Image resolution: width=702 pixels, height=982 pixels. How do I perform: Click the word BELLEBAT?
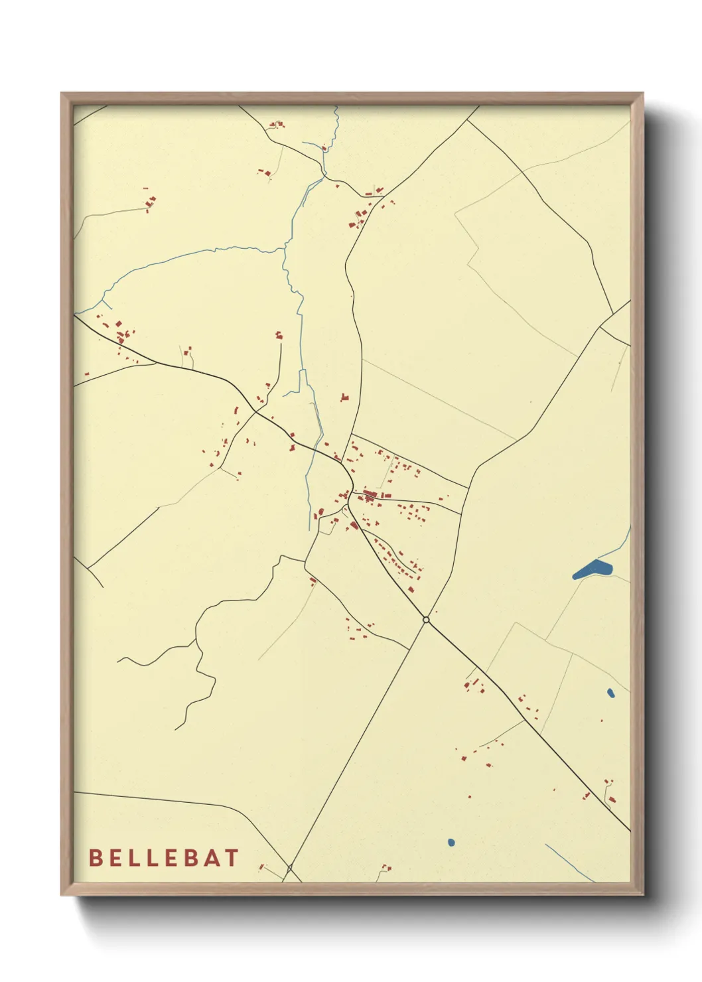tap(163, 858)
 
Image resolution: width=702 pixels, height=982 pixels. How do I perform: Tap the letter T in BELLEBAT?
tap(231, 858)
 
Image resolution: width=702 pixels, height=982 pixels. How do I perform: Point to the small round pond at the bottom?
tap(451, 843)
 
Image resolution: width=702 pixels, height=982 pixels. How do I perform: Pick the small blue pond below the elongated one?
tap(610, 693)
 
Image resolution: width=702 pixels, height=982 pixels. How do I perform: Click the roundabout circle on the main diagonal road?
tap(426, 620)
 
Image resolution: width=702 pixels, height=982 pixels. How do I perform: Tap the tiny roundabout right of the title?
tap(289, 868)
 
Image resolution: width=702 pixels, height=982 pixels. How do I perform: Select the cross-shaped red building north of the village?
tap(343, 397)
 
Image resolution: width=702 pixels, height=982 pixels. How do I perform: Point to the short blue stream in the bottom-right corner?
tap(569, 863)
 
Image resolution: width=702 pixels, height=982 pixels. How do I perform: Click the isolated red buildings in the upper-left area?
tap(151, 200)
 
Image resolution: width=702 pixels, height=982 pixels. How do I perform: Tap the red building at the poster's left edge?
tap(86, 374)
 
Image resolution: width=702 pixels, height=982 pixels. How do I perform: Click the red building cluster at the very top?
tap(275, 124)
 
